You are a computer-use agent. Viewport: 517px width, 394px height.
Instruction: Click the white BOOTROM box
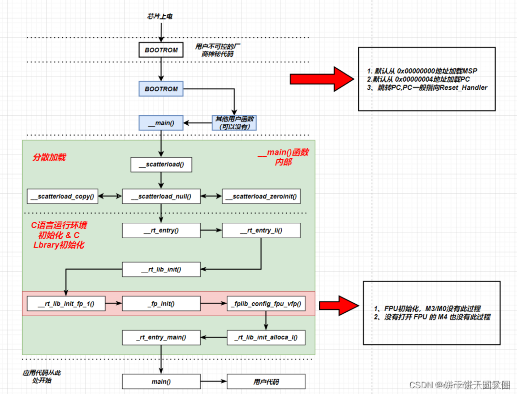tap(161, 50)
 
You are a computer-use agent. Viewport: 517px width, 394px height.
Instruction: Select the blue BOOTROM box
tap(161, 89)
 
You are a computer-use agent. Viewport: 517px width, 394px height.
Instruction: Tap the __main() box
tap(161, 123)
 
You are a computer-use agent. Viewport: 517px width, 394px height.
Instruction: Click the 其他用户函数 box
tap(235, 123)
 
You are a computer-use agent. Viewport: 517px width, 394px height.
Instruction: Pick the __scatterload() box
tap(161, 164)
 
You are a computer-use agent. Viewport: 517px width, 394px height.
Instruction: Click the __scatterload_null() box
tap(161, 196)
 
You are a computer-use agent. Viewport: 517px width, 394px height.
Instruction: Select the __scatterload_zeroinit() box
tap(261, 196)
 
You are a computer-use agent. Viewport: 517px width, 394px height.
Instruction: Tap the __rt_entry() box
tap(161, 231)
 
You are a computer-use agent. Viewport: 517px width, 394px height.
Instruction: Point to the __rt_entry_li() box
tap(261, 231)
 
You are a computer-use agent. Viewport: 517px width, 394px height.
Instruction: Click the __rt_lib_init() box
tap(161, 269)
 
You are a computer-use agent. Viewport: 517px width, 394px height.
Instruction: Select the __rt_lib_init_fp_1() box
tap(66, 304)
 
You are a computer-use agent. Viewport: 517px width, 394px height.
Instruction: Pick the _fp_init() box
tap(161, 304)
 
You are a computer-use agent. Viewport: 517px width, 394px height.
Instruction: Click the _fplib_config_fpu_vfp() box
tap(266, 304)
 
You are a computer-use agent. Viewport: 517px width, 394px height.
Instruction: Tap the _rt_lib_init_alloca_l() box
tap(266, 338)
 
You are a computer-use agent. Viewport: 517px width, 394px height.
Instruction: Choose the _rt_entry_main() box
tap(161, 338)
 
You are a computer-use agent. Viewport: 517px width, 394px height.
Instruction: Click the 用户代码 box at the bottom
tap(266, 382)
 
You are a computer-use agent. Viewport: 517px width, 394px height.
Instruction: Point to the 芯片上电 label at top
tap(159, 16)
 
